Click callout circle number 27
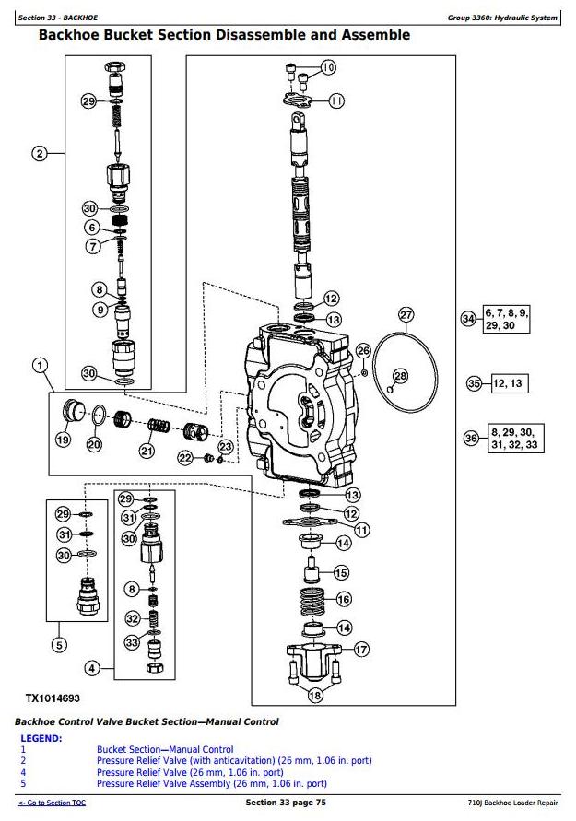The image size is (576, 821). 406,315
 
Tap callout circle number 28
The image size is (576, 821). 400,375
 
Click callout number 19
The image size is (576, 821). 63,440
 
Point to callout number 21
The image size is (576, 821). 147,451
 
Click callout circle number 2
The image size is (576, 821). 40,154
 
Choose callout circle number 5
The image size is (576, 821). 58,645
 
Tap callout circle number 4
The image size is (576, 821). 92,667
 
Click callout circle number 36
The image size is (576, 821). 471,439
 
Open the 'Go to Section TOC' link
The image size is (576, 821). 52,803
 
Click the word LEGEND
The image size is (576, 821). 41,739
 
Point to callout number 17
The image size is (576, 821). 361,649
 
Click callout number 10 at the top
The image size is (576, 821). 329,67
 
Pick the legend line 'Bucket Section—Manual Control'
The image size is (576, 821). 165,750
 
